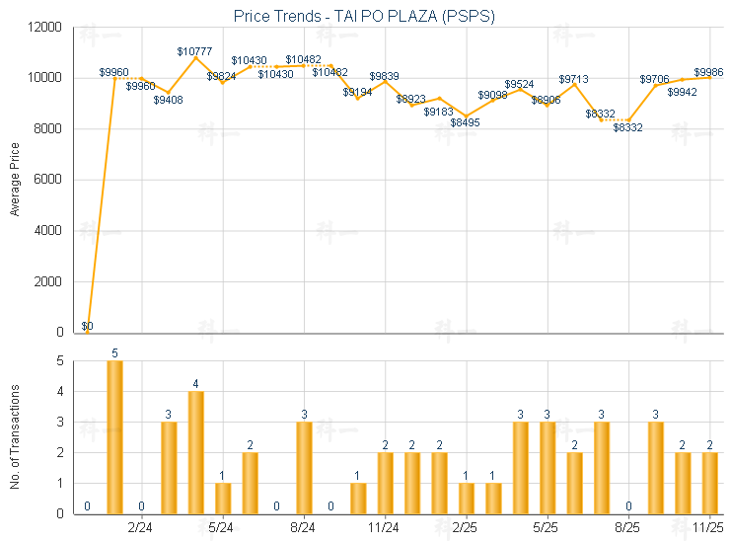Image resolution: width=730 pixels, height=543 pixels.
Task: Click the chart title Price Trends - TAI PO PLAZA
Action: pos(364,16)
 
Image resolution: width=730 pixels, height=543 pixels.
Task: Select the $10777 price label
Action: pos(195,50)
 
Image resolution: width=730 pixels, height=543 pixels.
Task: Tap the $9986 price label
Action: pos(708,72)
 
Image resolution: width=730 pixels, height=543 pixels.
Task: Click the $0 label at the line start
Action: pos(87,326)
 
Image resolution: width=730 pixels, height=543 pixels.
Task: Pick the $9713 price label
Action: pos(574,79)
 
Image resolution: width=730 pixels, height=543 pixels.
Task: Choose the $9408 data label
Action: pos(169,99)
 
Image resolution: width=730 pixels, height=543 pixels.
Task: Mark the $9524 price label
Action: pos(520,85)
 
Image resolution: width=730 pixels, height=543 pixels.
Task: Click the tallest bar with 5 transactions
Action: pos(114,436)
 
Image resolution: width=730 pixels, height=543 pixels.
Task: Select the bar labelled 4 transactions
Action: pos(195,452)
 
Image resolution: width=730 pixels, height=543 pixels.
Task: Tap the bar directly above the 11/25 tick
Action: pos(709,482)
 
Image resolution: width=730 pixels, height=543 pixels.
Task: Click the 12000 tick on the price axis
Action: pos(46,27)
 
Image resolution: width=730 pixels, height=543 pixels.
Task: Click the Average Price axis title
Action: pos(15,180)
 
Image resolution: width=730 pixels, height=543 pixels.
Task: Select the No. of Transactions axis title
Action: pos(15,437)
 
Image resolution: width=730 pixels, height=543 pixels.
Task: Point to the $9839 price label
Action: pos(385,76)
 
